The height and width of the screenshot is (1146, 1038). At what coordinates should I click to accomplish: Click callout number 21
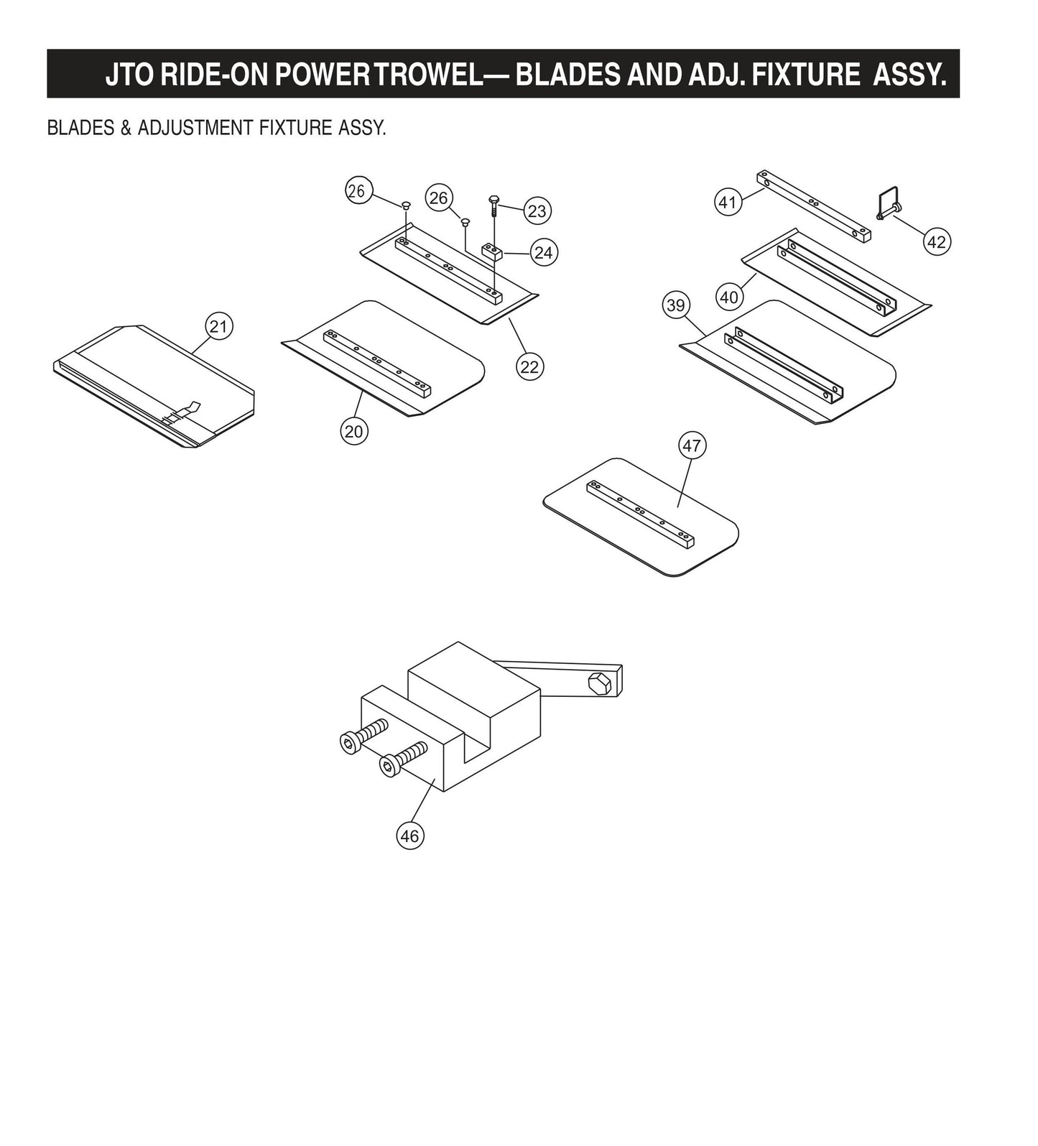coord(218,327)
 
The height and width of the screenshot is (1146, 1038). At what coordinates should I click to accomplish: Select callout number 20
coord(353,431)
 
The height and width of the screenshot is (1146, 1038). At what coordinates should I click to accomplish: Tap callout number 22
coord(529,367)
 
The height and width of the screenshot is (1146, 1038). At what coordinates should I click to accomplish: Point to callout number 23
coord(537,211)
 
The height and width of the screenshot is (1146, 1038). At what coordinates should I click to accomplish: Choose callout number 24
coord(544,252)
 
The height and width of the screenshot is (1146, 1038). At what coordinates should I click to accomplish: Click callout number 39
coord(675,305)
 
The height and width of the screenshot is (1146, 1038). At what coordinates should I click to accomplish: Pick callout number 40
coord(728,297)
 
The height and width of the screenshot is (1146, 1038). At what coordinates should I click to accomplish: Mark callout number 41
coord(728,202)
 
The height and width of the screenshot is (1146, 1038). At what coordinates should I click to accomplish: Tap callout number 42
coord(936,242)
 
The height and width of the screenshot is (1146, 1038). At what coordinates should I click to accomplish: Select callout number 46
coord(409,836)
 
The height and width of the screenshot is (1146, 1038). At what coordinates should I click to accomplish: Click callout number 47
coord(691,445)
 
